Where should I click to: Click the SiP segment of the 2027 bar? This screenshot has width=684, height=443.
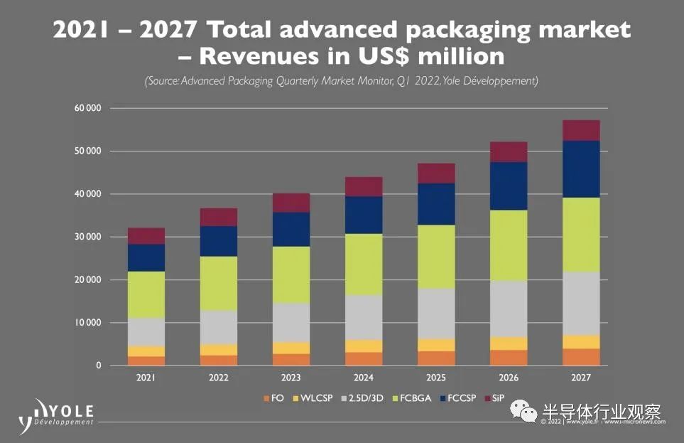tap(581, 130)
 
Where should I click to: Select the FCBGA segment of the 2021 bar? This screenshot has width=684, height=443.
tap(146, 294)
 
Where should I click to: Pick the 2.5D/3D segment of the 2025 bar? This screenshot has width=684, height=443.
tap(436, 314)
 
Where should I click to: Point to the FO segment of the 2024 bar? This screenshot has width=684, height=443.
tap(364, 358)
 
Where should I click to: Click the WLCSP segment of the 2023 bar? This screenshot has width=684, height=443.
tap(291, 348)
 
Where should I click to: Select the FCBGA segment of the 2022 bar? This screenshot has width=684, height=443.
tap(219, 283)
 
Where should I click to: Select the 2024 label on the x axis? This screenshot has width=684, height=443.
tap(364, 378)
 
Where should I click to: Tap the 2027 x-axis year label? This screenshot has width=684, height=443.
tap(581, 378)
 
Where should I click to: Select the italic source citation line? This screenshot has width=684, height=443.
tap(342, 81)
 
